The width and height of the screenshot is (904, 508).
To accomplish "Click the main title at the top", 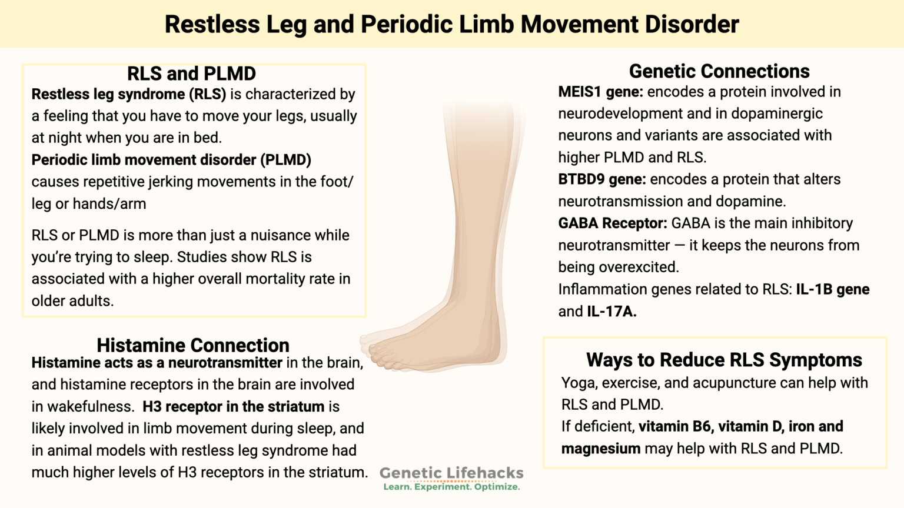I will point(451,25).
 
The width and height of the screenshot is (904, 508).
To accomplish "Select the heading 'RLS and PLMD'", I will point(191,73).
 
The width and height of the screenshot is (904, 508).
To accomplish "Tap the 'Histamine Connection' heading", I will point(193,345).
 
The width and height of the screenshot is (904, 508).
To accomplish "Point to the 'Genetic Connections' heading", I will point(719,71).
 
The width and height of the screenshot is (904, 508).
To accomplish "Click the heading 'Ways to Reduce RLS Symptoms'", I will point(724,360).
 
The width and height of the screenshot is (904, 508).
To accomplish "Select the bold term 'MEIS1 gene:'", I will point(600,92).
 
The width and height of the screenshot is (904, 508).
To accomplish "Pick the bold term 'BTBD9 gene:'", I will point(601,179).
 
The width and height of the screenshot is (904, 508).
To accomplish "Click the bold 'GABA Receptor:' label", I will point(612,223).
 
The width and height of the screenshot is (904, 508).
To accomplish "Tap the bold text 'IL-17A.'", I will point(611,312).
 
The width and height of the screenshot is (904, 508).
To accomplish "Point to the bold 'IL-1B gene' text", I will point(832,289).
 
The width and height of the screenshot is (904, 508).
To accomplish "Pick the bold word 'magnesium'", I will point(600,449).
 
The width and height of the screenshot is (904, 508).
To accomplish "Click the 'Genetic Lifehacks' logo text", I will point(451,473).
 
